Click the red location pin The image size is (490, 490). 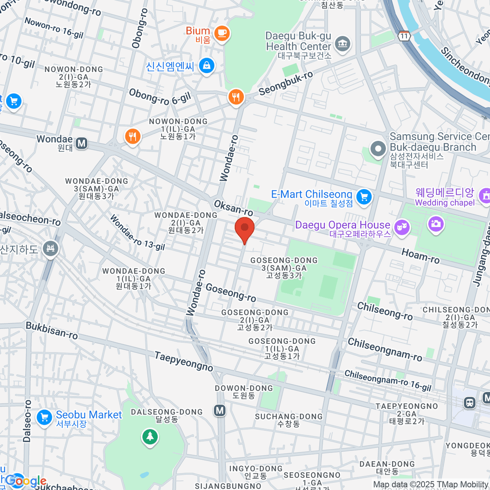coord(245,229)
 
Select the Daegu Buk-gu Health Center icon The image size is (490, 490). coord(342,43)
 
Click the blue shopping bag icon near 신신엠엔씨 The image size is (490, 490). coord(207,66)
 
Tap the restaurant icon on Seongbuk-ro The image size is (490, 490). coord(236,98)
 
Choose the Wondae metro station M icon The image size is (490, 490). coord(82,143)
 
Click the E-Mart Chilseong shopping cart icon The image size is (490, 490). coord(364,197)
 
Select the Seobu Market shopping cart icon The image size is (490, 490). coord(44,417)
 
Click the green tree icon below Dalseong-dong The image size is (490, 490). coord(150,437)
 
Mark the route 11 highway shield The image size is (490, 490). coord(404,36)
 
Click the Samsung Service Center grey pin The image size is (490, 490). coord(378,149)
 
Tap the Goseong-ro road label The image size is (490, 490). coord(231,293)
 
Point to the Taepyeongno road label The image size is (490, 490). coord(184,361)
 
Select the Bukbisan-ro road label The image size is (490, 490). coord(51,330)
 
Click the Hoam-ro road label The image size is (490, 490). coord(421,256)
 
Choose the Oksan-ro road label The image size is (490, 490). coord(234,208)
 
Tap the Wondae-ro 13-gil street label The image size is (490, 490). coord(137,233)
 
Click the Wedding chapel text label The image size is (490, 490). coord(445,203)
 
